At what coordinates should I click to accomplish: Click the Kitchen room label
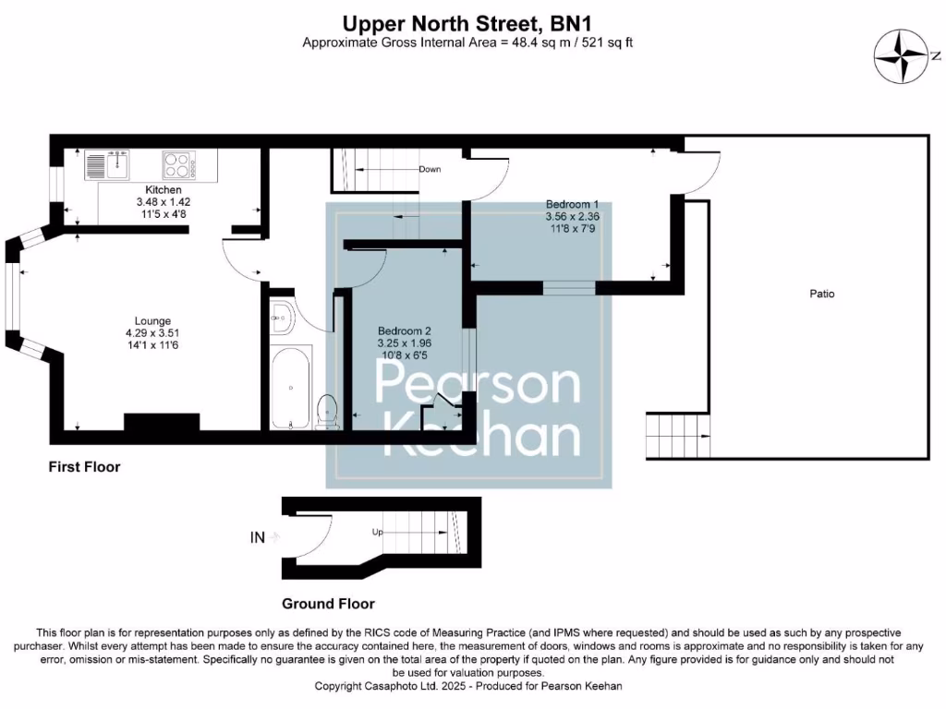tap(150, 189)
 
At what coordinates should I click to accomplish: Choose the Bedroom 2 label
tap(405, 330)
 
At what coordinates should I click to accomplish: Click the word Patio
tap(821, 294)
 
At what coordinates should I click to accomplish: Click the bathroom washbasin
tap(281, 318)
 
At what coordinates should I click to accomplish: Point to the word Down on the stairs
tap(430, 170)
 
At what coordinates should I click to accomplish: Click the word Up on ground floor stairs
tap(377, 533)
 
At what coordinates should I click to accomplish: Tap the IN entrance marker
tap(258, 536)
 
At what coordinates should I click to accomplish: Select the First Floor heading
tap(84, 467)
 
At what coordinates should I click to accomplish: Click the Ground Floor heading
tap(328, 604)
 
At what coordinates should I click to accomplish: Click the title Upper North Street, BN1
tap(474, 21)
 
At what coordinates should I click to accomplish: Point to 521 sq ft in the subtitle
tap(617, 42)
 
